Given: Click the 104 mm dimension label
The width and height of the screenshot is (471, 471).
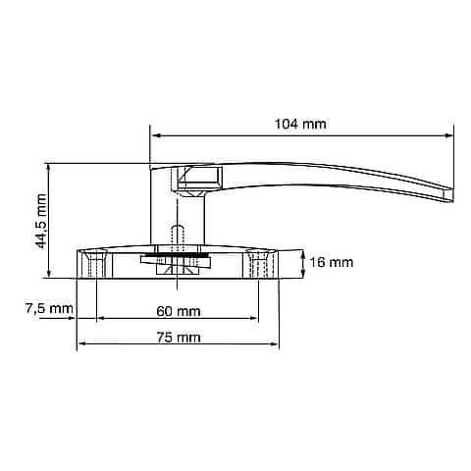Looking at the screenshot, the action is coord(300,125).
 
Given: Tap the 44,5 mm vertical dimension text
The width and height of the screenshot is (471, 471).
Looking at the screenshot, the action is coord(41,221).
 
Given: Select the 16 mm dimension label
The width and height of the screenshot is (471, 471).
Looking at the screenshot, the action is coord(332,262).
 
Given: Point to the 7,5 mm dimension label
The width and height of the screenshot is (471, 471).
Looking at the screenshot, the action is coord(49,308).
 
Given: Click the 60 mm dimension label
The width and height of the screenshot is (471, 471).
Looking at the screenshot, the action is coord(179,311).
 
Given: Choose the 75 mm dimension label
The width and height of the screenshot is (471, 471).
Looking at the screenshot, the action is coord(179,338).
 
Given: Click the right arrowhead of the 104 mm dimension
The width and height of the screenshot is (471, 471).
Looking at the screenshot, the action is coord(449,135).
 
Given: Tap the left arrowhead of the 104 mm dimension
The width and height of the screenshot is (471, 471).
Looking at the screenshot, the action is coord(155,135).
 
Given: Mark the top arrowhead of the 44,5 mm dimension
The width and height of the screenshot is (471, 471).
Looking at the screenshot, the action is coord(49,168).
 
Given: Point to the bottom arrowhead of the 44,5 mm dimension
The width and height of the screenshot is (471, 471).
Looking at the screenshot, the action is coord(49,274).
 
